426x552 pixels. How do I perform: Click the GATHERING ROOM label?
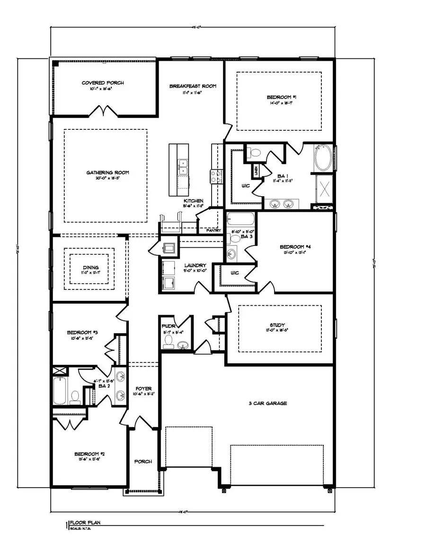(107, 172)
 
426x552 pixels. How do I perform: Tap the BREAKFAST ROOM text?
(193, 86)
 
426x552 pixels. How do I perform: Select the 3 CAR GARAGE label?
(268, 404)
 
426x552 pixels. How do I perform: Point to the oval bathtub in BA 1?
(324, 158)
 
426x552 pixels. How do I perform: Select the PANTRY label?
(213, 231)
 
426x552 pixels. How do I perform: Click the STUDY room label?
(279, 326)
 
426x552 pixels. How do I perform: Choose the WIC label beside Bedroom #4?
(234, 273)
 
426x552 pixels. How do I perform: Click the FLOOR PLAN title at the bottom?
(85, 524)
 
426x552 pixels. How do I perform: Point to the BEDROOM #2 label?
(89, 454)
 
